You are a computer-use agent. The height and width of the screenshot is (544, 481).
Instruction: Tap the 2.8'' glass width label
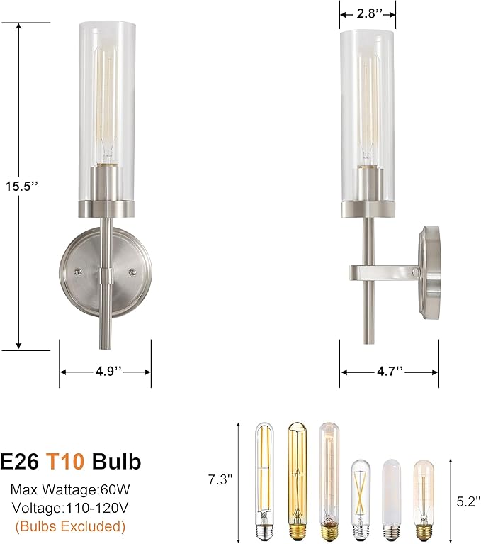(x=367, y=12)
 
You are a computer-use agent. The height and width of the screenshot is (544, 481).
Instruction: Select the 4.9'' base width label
(x=105, y=371)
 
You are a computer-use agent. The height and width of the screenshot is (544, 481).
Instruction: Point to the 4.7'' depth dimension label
(x=389, y=371)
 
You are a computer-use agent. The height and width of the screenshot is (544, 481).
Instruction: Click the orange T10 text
(x=66, y=462)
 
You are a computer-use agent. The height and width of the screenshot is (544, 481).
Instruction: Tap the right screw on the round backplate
(x=132, y=272)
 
